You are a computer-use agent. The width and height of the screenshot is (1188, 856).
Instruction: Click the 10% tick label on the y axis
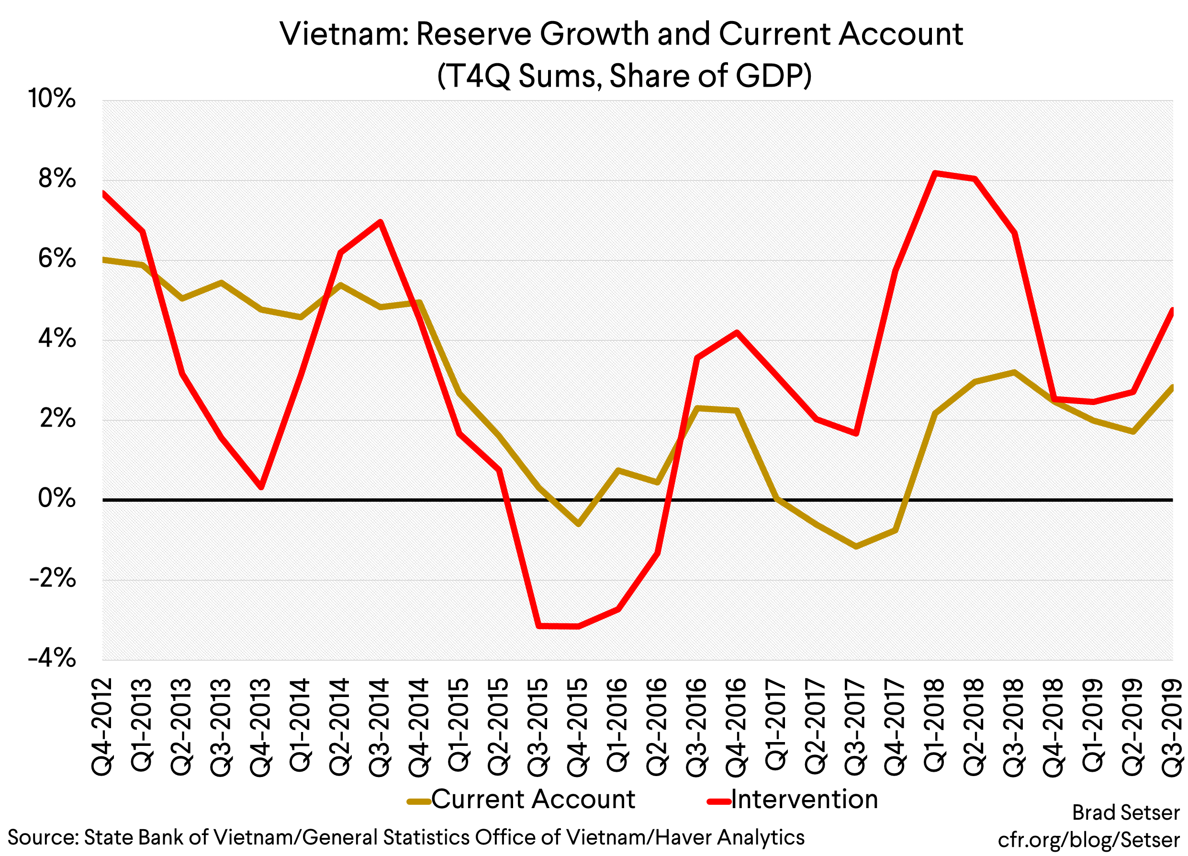pos(52,99)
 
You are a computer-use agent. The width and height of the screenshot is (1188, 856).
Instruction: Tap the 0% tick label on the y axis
pos(56,498)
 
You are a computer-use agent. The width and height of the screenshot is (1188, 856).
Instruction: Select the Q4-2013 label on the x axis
pos(260,727)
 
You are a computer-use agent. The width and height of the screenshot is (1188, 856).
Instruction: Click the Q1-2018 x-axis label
pos(934,727)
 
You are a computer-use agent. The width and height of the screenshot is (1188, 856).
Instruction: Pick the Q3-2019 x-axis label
pos(1172,727)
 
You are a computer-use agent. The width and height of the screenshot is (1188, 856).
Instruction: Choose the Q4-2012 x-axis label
pos(102,727)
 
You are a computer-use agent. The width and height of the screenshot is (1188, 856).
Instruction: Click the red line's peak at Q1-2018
pos(935,173)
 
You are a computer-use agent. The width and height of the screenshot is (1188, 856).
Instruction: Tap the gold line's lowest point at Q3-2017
pos(856,546)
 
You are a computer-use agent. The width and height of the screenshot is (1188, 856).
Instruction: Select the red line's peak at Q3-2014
pos(381,222)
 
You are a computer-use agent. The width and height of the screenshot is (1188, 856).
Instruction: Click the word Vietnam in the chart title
pos(343,34)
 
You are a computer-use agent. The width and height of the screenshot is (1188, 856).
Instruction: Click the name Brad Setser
pos(1125,812)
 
